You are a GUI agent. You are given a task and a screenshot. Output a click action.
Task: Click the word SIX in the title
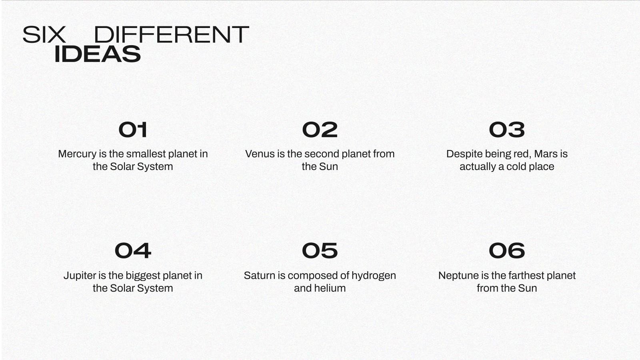44,34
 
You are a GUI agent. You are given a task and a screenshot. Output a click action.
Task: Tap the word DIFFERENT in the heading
172,34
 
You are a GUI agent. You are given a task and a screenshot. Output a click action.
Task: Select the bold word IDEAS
98,54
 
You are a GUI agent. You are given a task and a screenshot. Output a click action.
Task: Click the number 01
133,130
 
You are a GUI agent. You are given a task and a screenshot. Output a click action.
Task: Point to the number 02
320,130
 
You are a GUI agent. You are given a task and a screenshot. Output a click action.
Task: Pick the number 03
507,130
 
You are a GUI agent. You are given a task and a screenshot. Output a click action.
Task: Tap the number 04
133,251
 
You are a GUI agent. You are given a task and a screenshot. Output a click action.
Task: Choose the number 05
320,251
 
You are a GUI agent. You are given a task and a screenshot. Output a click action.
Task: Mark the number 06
507,251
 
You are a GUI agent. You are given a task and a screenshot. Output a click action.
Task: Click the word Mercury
77,154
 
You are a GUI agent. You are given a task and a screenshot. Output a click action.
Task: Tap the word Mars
546,154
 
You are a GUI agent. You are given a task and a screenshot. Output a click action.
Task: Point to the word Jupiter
80,276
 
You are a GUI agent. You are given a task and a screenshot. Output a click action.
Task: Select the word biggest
142,276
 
